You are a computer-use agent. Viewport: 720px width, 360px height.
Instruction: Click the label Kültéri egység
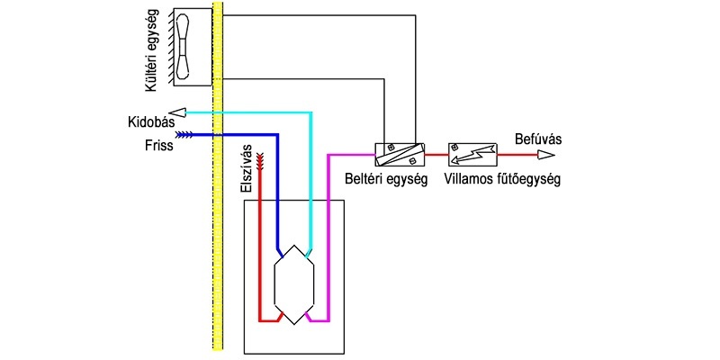pyautogui.click(x=151, y=50)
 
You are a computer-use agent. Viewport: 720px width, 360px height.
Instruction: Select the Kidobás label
pyautogui.click(x=150, y=123)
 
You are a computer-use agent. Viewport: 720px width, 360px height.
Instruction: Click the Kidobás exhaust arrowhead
pyautogui.click(x=176, y=112)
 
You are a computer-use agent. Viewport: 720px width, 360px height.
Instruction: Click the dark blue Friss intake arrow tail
pyautogui.click(x=184, y=134)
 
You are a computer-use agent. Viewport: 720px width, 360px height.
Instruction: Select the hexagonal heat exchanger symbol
pyautogui.click(x=294, y=284)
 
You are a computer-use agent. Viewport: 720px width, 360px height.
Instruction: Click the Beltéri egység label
pyautogui.click(x=386, y=178)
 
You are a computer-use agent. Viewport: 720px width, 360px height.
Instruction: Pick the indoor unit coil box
pyautogui.click(x=400, y=154)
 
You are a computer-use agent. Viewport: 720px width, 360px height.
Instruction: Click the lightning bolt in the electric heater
pyautogui.click(x=473, y=154)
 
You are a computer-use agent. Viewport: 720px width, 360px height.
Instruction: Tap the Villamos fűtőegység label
pyautogui.click(x=502, y=178)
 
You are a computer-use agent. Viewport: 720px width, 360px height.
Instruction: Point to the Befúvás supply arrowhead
pyautogui.click(x=546, y=155)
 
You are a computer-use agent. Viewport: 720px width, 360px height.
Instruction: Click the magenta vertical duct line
pyautogui.click(x=328, y=238)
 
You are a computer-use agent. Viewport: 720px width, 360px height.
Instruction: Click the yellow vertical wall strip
pyautogui.click(x=218, y=175)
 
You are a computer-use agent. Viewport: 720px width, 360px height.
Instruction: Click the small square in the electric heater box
pyautogui.click(x=454, y=148)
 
